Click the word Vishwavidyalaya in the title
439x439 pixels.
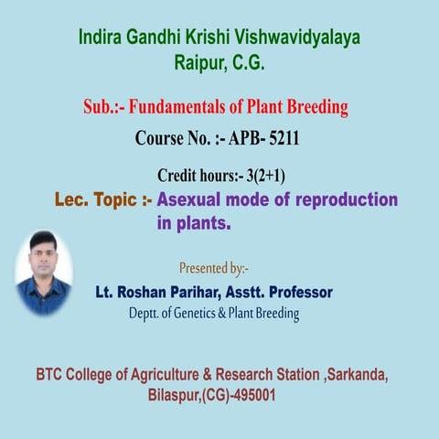(296, 38)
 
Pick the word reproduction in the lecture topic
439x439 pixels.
(348, 200)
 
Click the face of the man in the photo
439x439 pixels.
(43, 251)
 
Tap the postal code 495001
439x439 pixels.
(251, 397)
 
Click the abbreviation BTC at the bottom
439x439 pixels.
(53, 375)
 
